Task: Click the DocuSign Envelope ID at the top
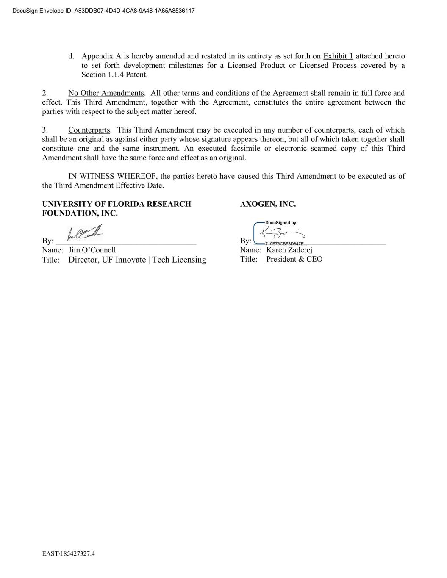pos(103,11)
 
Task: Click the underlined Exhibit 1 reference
pos(338,56)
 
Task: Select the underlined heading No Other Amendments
pos(106,93)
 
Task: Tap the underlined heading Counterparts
pos(89,130)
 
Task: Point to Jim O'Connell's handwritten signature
pos(85,233)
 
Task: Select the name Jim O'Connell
pos(92,250)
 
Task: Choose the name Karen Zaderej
pos(289,250)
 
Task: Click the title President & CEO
pos(294,259)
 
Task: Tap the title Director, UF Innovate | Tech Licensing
pos(137,260)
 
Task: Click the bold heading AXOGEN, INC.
pos(268,204)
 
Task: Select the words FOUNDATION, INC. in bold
pos(80,213)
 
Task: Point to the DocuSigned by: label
pos(281,222)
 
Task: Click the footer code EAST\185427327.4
pos(68,553)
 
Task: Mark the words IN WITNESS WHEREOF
pos(112,176)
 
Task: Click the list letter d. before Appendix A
pos(71,56)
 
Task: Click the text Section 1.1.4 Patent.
pos(114,75)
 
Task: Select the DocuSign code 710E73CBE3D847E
pos(284,244)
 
